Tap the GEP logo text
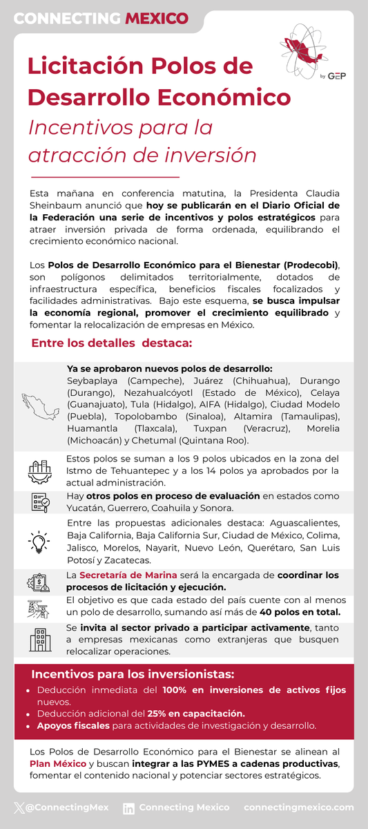pyautogui.click(x=338, y=75)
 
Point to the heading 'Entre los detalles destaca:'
pyautogui.click(x=112, y=343)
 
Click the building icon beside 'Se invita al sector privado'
pyautogui.click(x=40, y=639)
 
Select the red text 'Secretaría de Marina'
pyautogui.click(x=128, y=575)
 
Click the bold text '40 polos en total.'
pyautogui.click(x=300, y=612)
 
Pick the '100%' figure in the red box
pyautogui.click(x=177, y=690)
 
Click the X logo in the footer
pyautogui.click(x=19, y=807)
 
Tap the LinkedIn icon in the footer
pyautogui.click(x=128, y=808)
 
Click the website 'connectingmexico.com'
pyautogui.click(x=298, y=807)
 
